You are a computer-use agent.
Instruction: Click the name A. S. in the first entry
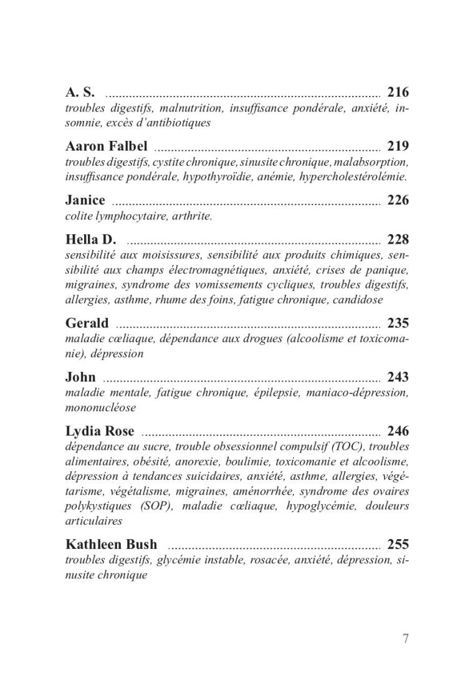point(80,93)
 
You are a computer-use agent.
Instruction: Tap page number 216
point(398,93)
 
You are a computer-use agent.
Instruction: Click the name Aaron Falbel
point(106,146)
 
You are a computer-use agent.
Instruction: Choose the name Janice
point(85,200)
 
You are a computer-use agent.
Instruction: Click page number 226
point(398,200)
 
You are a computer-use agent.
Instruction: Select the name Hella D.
point(90,239)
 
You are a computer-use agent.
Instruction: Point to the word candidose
point(357,300)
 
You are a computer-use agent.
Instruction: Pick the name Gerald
point(87,323)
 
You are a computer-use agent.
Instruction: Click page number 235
point(398,323)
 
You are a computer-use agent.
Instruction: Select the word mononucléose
point(100,408)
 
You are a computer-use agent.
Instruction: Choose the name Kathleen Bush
point(112,544)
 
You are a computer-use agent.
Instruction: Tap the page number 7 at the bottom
point(405,638)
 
